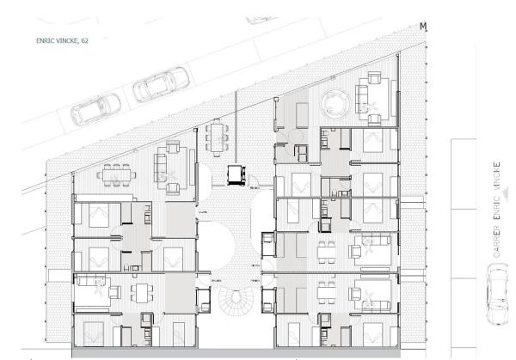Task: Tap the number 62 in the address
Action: coord(84,39)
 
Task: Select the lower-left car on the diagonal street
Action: coord(96,109)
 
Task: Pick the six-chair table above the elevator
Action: coord(213,136)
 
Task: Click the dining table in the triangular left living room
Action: coord(114,174)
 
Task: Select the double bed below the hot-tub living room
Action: coord(372,141)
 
